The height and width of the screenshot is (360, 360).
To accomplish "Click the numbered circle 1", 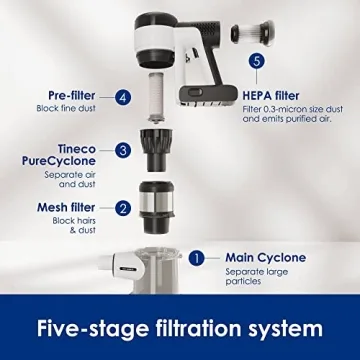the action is [197, 258].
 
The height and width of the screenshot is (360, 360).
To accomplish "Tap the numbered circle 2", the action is [123, 209].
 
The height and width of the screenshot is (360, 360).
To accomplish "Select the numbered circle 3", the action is [123, 150].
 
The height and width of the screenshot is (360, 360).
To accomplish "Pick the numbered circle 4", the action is [123, 98].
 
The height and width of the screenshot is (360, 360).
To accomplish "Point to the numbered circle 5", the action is [257, 61].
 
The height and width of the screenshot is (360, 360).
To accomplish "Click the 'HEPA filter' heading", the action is [271, 96].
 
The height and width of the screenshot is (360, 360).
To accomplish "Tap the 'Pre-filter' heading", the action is [72, 96].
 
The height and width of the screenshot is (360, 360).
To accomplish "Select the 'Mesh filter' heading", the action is [66, 207].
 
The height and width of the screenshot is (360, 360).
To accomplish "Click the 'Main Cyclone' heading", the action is [266, 257].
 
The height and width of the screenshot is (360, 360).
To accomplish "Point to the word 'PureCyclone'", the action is [59, 161].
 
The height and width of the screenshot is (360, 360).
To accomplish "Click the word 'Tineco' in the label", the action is [77, 149].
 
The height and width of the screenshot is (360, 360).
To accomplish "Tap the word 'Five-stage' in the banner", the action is [93, 329].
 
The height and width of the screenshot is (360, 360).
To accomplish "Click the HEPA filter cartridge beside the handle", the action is [252, 32].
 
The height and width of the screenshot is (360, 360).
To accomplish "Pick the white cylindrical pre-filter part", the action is [157, 98].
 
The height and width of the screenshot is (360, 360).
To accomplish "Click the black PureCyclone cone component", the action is [156, 150].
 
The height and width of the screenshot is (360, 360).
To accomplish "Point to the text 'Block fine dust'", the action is [66, 108].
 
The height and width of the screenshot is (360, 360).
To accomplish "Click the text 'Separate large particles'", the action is [257, 276].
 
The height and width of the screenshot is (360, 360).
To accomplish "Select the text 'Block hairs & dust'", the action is [74, 225].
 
